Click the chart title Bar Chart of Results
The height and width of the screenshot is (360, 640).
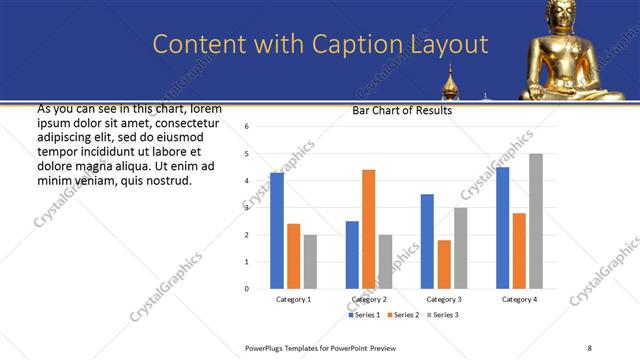click(402, 111)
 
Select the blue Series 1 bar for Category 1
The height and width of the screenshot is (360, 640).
click(277, 230)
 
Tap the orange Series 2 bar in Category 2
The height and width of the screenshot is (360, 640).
click(368, 229)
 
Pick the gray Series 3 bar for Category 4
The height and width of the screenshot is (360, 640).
click(536, 221)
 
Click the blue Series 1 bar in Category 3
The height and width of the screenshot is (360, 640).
click(427, 241)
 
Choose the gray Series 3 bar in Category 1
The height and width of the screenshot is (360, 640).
click(310, 262)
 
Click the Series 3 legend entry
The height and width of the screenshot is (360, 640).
click(444, 315)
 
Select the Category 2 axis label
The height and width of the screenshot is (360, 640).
click(369, 299)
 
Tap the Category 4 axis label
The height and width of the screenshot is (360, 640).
click(519, 299)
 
